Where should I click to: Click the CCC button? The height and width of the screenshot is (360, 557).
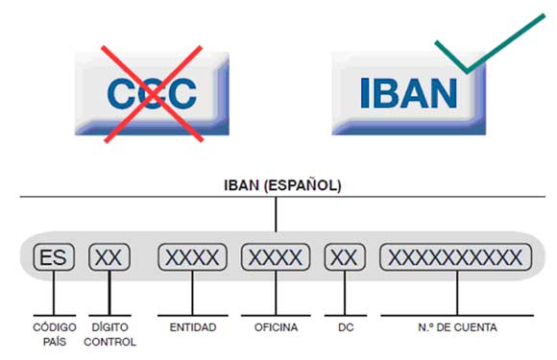(x=152, y=93)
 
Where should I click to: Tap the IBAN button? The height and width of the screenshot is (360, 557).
(x=409, y=93)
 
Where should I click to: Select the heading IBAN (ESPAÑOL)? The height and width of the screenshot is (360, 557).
(x=277, y=185)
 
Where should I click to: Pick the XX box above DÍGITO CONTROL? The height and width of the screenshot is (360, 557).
(x=109, y=257)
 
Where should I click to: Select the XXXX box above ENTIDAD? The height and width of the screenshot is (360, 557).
(x=192, y=257)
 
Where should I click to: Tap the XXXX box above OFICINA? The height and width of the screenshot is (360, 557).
(x=276, y=257)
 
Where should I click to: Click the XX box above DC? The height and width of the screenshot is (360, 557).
(x=345, y=257)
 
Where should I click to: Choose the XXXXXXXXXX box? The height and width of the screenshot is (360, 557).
(x=455, y=257)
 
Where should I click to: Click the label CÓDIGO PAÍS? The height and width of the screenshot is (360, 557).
(x=54, y=333)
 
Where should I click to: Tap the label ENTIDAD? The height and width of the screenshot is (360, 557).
(x=192, y=327)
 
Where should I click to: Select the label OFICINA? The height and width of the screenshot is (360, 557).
(x=276, y=327)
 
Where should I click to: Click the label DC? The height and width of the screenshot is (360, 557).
(x=347, y=327)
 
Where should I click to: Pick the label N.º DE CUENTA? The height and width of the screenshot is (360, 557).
(x=456, y=327)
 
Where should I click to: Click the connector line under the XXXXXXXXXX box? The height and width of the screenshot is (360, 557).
(x=456, y=292)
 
